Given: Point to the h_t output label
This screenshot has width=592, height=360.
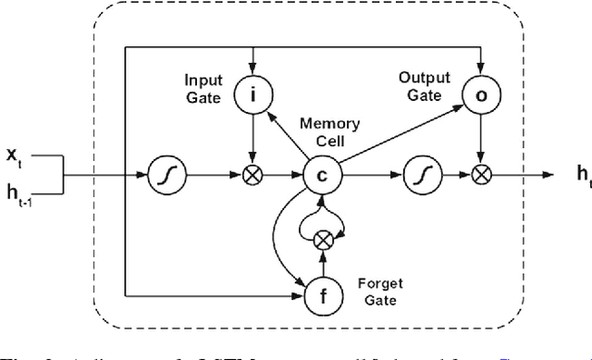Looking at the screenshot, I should point(581,173).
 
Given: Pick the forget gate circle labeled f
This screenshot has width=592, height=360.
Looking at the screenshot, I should point(320,295).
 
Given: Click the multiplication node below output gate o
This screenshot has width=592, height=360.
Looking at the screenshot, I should point(479,172).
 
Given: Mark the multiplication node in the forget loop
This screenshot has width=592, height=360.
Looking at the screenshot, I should point(321,240).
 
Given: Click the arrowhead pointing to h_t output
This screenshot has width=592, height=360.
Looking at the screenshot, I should point(548,173).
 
